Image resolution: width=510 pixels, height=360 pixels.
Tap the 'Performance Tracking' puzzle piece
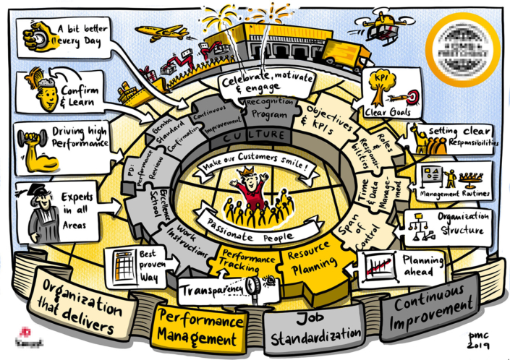pyautogui.click(x=246, y=262)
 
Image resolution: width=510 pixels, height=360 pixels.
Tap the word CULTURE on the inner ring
pyautogui.click(x=253, y=136)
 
